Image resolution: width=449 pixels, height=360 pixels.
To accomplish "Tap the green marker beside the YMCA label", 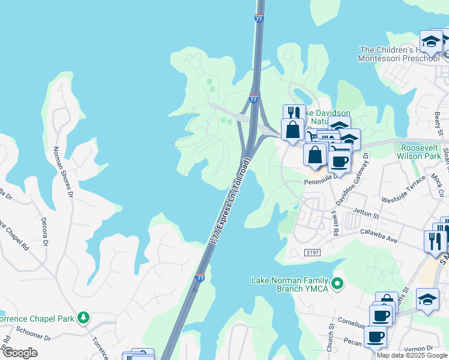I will [337, 283].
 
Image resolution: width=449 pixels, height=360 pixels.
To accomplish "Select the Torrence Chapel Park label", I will [38, 317].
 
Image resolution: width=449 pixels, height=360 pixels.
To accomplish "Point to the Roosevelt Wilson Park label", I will [421, 151].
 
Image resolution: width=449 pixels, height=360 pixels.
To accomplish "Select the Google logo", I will [20, 352].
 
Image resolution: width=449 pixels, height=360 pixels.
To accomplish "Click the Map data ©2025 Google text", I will [412, 355].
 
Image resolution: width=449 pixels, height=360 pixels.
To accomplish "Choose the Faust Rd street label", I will [335, 223].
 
